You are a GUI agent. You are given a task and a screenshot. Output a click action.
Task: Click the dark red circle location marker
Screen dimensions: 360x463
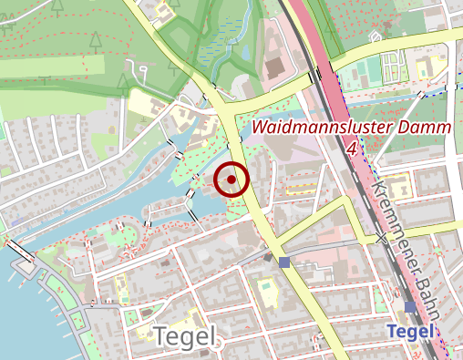click(x=232, y=180)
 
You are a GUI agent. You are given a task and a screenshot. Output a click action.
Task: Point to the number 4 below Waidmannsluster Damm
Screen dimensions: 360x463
click(x=352, y=148)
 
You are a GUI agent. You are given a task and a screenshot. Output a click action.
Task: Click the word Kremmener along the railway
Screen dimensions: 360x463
click(x=390, y=211)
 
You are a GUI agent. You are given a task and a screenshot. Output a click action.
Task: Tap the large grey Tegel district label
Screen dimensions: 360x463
click(x=187, y=337)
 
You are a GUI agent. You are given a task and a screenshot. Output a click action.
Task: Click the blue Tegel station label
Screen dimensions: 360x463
click(x=410, y=333)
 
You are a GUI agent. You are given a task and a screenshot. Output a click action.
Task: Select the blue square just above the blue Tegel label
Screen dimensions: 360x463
click(x=410, y=308)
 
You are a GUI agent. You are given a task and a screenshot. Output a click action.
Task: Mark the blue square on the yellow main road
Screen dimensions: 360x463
click(x=284, y=262)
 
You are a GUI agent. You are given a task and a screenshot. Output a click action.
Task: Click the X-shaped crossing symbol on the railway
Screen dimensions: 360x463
click(x=382, y=238)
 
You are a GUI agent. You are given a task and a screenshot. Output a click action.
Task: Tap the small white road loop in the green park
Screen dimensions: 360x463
click(x=140, y=69)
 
